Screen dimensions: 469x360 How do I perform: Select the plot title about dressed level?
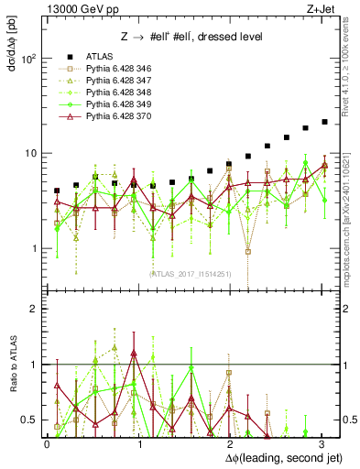point(192,37)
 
